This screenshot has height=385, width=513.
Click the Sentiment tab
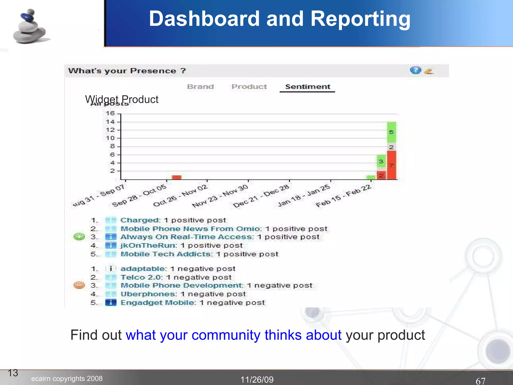(x=308, y=87)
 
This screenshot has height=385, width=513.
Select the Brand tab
(x=200, y=87)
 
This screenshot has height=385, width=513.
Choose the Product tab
(x=249, y=87)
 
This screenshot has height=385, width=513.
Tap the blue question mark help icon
(x=415, y=70)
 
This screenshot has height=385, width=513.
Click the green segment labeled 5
(x=392, y=132)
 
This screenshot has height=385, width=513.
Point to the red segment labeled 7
(x=392, y=165)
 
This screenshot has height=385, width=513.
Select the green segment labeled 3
(x=381, y=161)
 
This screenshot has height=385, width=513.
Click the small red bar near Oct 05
(x=177, y=177)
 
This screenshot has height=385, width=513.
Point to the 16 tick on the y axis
(x=110, y=114)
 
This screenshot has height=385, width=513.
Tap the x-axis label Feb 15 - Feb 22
(x=343, y=196)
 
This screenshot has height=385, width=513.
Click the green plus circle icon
(x=79, y=237)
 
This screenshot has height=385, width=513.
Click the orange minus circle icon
(x=79, y=285)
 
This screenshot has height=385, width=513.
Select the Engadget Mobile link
(x=158, y=303)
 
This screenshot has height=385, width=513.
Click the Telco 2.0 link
(x=141, y=277)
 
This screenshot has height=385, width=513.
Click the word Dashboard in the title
(x=204, y=19)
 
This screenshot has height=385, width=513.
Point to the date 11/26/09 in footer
(x=257, y=379)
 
